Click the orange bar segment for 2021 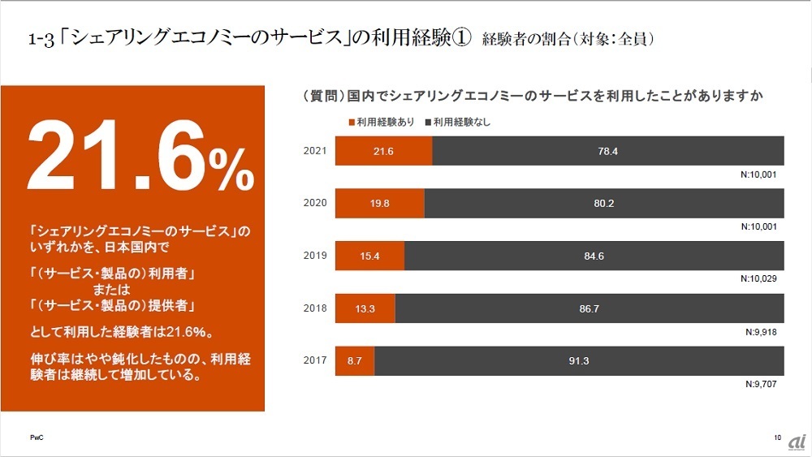(x=383, y=151)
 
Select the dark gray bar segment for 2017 (x=579, y=360)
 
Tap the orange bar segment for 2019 (x=369, y=256)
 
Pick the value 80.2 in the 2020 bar (x=603, y=203)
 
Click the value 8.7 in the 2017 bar (x=354, y=360)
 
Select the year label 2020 (x=315, y=203)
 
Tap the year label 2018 (x=315, y=308)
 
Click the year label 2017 (x=315, y=360)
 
